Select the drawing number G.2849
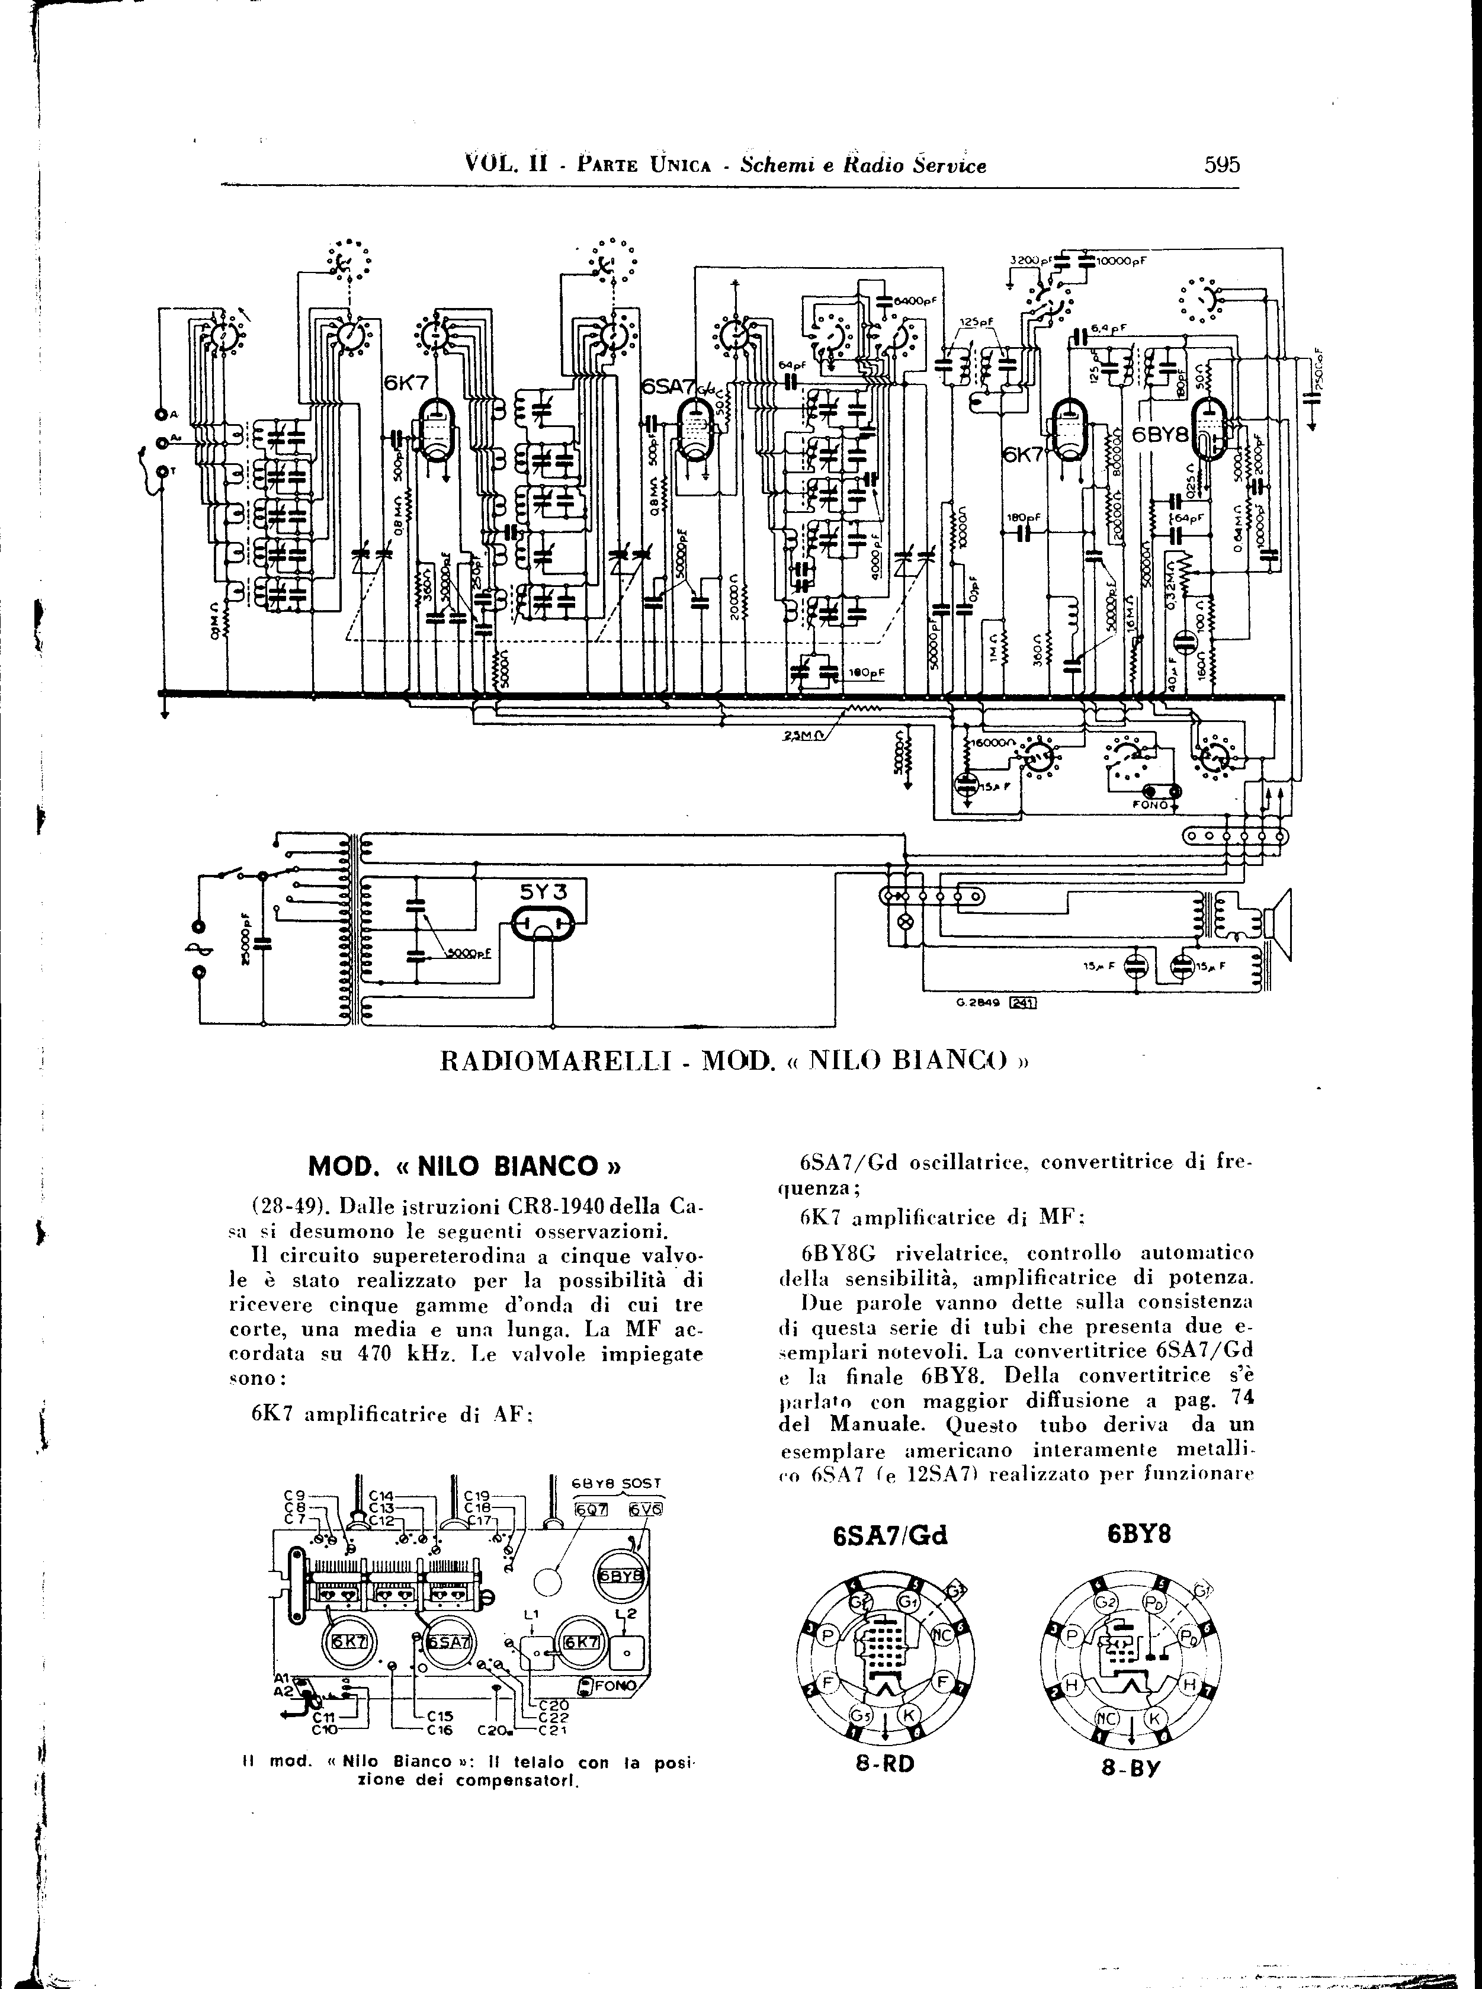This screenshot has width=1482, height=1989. coord(985,1004)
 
